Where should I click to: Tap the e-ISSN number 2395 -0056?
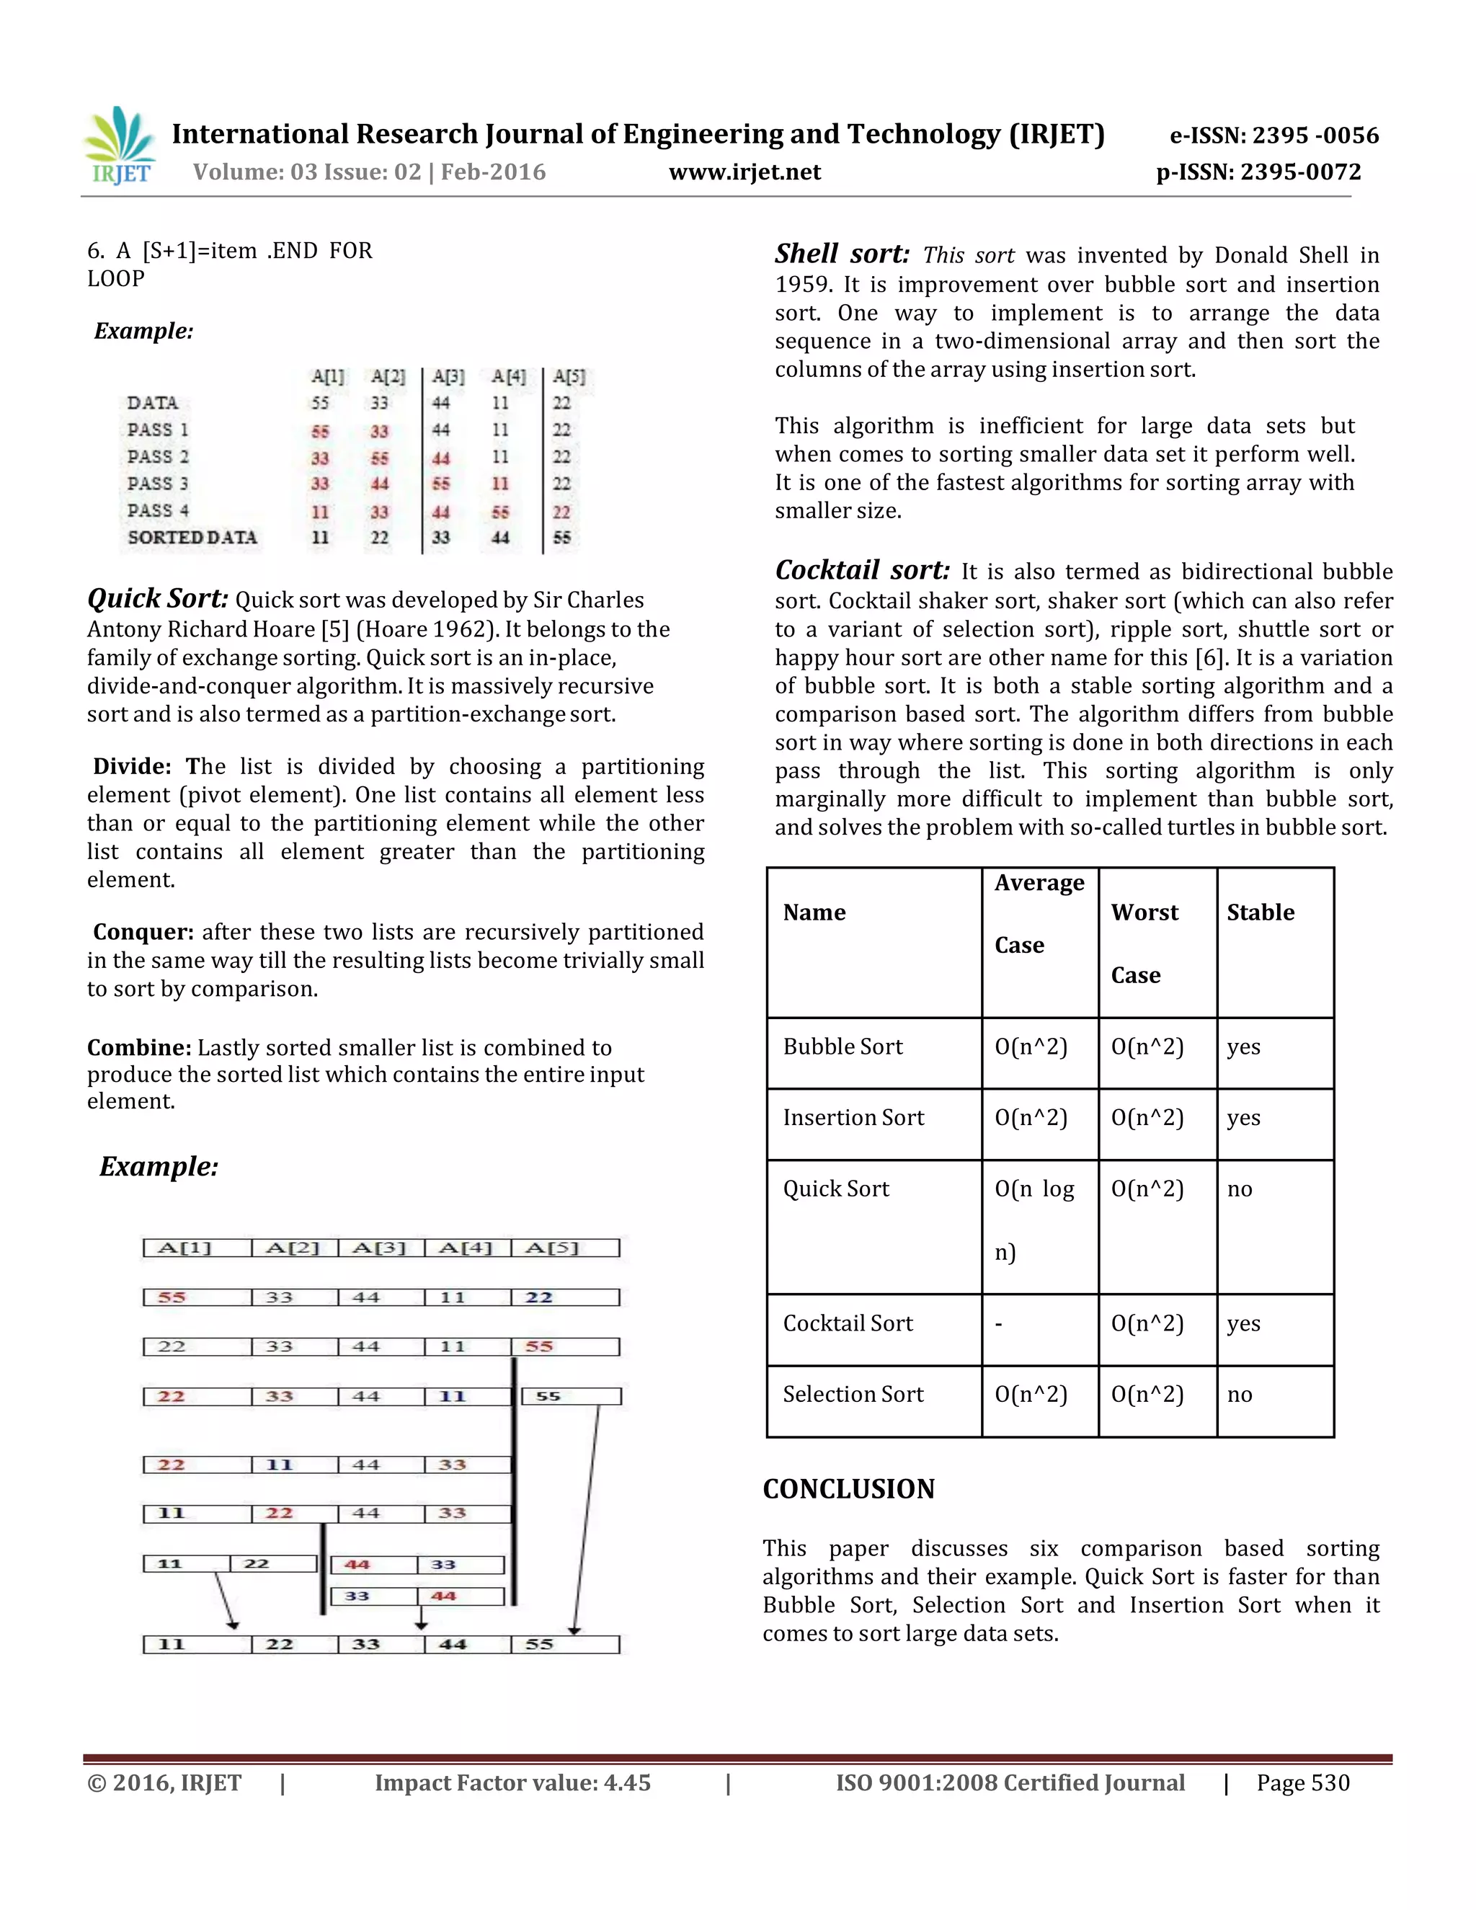[x=1273, y=136]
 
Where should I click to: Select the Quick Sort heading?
[x=157, y=598]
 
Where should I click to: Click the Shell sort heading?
[x=841, y=254]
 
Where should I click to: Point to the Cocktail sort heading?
[x=862, y=570]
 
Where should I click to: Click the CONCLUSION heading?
[x=848, y=1488]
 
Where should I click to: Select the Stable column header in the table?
[x=1260, y=912]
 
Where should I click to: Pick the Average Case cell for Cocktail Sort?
[x=1039, y=1324]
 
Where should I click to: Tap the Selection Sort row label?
[x=853, y=1395]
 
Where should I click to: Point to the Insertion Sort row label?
[x=853, y=1118]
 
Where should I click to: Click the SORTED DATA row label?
[x=192, y=538]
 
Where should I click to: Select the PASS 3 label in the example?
[x=157, y=484]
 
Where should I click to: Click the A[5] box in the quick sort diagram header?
[x=564, y=1248]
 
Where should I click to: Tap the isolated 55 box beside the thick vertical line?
[x=571, y=1397]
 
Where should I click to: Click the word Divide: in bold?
[x=132, y=767]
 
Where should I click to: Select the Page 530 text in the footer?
[x=1303, y=1783]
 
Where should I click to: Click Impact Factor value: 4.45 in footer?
[x=512, y=1783]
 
